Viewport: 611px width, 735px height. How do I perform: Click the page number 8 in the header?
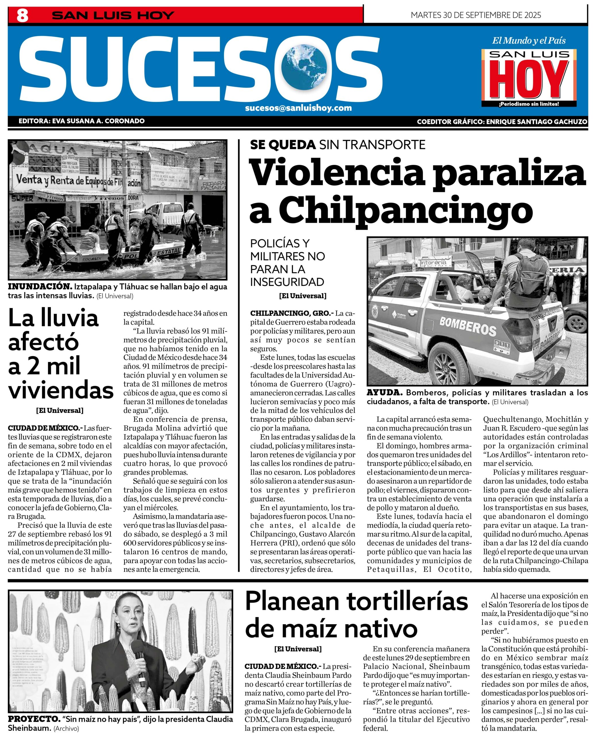(x=22, y=16)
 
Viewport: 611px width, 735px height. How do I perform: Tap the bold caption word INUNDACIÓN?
(x=40, y=286)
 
